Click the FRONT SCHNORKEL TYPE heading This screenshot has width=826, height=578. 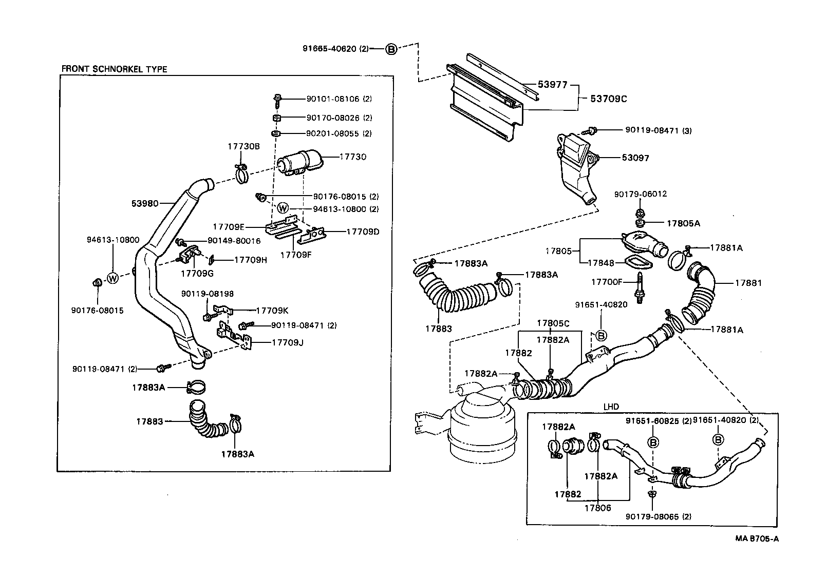(x=114, y=69)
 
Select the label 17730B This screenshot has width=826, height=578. (x=243, y=146)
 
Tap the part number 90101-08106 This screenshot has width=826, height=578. (x=333, y=99)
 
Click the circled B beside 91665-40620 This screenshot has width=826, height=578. (x=391, y=49)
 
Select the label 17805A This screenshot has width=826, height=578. (x=683, y=223)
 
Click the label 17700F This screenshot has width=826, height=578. (x=607, y=282)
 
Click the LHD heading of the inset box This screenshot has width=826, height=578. (x=611, y=407)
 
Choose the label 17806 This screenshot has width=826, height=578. (x=597, y=508)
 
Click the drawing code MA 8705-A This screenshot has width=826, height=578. (x=757, y=538)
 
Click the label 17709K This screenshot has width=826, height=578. (x=272, y=310)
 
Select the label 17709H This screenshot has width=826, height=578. (x=250, y=260)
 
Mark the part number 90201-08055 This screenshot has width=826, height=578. (x=333, y=133)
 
